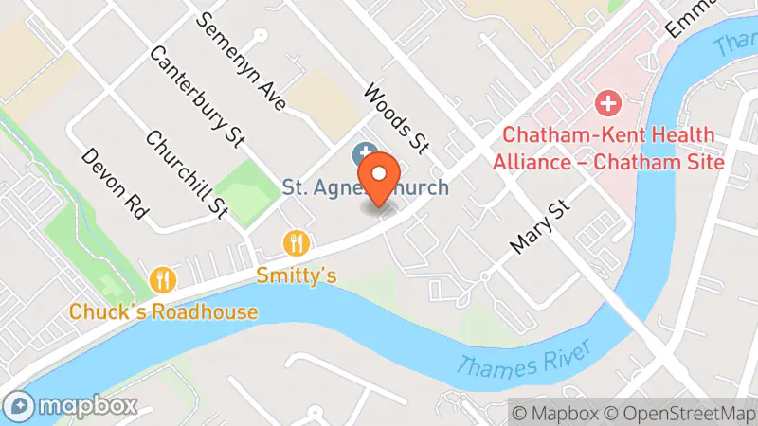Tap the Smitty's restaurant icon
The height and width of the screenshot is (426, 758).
click(298, 243)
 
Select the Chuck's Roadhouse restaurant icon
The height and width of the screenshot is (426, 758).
click(163, 279)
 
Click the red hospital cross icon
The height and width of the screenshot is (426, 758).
click(607, 101)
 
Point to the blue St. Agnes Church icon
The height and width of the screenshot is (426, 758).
click(363, 152)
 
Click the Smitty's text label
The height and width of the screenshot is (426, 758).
click(298, 275)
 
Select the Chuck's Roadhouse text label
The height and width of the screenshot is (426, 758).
click(163, 311)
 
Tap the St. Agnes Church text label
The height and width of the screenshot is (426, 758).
click(366, 186)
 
